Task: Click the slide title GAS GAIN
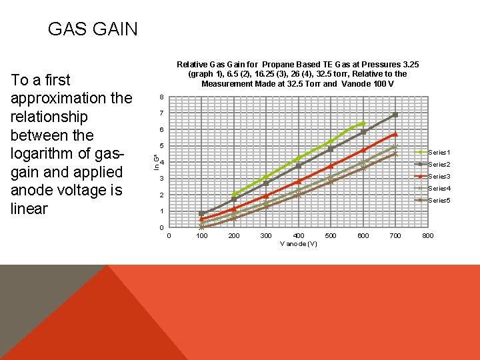tap(93, 29)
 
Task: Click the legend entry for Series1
tap(439, 153)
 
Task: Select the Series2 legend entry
tap(439, 165)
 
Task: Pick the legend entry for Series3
tap(439, 177)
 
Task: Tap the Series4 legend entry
tap(439, 189)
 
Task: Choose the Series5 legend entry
tap(439, 201)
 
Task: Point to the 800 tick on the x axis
tap(428, 236)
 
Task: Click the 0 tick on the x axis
tap(169, 236)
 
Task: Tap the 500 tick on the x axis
tap(331, 236)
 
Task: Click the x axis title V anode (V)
tap(298, 244)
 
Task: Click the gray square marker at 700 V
tap(395, 115)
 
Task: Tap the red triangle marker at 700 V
tap(395, 134)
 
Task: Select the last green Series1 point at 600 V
tap(363, 123)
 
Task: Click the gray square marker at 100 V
tap(201, 213)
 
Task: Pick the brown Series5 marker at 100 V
tap(201, 227)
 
